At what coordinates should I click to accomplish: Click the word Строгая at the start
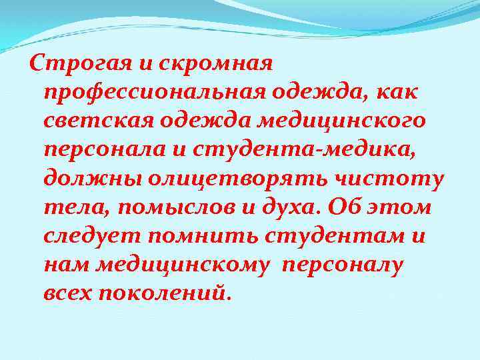71,65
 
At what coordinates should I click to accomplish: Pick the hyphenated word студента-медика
307,151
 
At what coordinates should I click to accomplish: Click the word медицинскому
184,265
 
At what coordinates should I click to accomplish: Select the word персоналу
343,265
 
